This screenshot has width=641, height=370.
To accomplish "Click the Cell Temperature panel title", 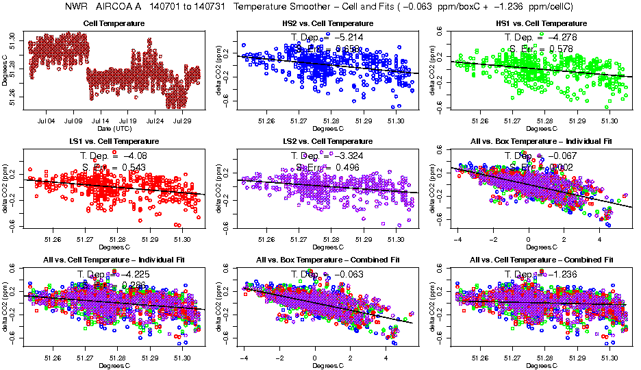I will (114, 24).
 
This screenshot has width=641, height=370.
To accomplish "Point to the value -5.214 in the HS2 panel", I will (349, 37).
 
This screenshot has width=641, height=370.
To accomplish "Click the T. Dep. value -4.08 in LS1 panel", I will (137, 156).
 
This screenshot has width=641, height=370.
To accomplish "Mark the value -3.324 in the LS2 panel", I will (349, 156).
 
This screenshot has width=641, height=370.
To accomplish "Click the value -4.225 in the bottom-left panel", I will (136, 273).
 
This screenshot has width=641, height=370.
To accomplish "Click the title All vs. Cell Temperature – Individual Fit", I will (114, 260).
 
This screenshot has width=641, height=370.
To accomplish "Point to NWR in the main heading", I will (75, 7).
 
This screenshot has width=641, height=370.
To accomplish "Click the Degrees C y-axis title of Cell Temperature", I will (5, 71).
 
